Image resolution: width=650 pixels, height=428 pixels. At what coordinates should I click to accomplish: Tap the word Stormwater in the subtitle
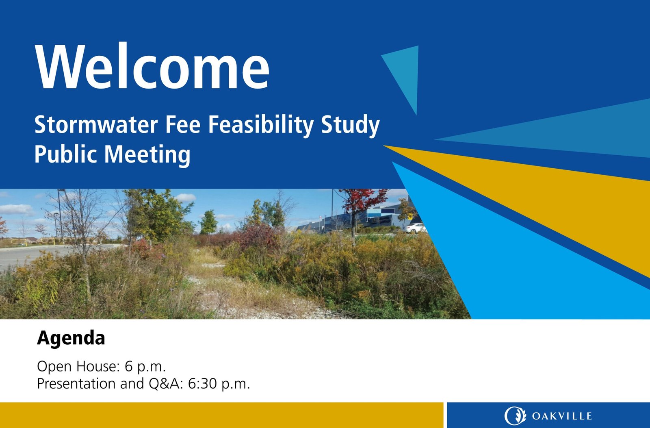pos(96,124)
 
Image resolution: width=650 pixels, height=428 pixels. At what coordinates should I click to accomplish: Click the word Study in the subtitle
pos(350,125)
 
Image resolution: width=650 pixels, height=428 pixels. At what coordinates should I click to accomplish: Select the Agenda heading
pos(71,338)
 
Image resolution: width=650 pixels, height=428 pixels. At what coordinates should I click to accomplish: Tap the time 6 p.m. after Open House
pos(145,367)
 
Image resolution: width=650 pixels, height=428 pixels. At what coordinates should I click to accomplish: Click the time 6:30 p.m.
pos(219,384)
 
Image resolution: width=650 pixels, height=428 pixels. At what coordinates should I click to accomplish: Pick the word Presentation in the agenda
pos(76,384)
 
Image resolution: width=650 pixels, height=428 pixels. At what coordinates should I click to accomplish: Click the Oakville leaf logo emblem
pos(515,416)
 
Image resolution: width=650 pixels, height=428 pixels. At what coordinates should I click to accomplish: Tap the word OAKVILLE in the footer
pos(562,416)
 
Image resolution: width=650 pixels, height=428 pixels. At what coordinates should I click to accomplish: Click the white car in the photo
pos(415,228)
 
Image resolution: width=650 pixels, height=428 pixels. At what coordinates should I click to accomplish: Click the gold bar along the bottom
pos(221,415)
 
